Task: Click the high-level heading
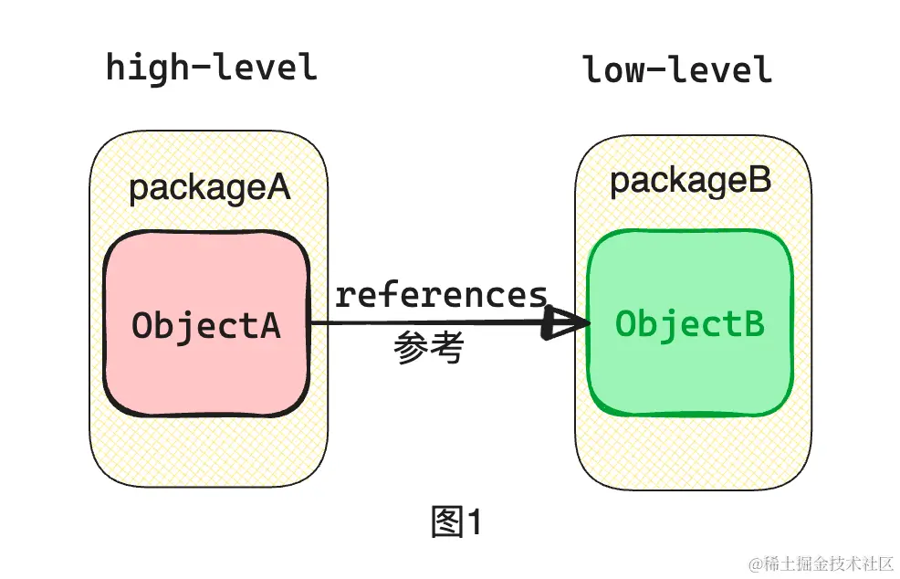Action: pos(212,68)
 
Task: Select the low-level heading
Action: pos(677,69)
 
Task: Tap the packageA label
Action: pos(209,188)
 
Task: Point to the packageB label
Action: pos(690,181)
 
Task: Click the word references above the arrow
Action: pos(441,295)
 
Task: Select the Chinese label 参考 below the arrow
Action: pos(429,348)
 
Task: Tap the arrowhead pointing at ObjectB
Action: pos(564,322)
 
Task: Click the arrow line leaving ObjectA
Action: pos(411,322)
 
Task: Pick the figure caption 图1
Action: pos(455,522)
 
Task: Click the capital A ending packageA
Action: pos(277,188)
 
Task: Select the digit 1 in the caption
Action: pos(474,522)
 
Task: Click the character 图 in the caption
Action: pos(446,522)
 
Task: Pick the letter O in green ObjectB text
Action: pos(626,323)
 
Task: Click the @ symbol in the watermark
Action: pos(755,564)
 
